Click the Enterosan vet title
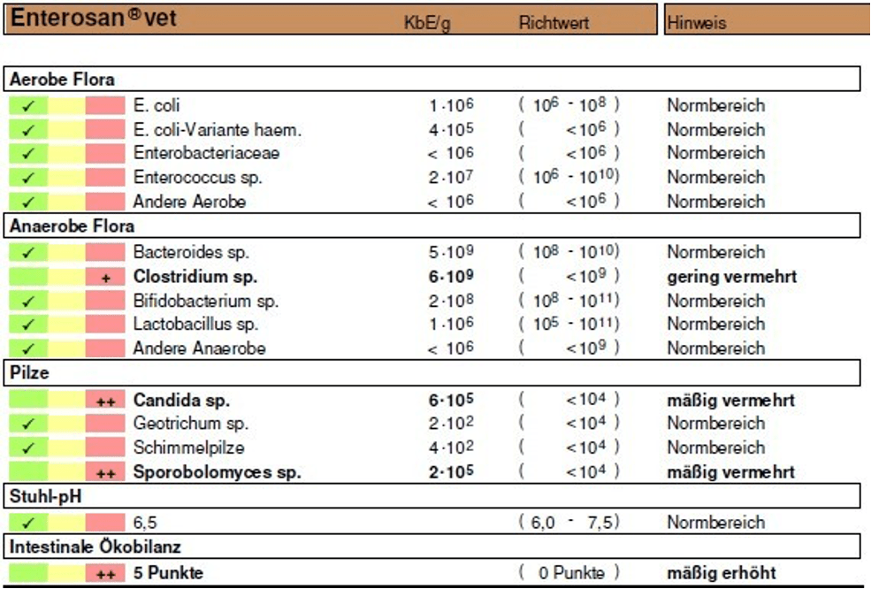[94, 18]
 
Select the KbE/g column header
[427, 23]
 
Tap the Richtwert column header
[554, 22]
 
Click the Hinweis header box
[768, 19]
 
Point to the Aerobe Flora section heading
[62, 80]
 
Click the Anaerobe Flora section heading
[73, 226]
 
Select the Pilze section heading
[29, 372]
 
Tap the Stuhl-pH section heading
[46, 495]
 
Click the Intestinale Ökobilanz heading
[95, 547]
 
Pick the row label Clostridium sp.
[195, 277]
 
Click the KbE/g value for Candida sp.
[451, 400]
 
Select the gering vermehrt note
[732, 277]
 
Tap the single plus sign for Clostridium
[106, 279]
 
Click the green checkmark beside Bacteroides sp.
[27, 253]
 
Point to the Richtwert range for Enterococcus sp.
[569, 177]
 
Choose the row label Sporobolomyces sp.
[218, 472]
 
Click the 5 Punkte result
[168, 573]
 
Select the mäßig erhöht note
[722, 573]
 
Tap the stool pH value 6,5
[145, 523]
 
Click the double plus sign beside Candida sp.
[106, 402]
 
